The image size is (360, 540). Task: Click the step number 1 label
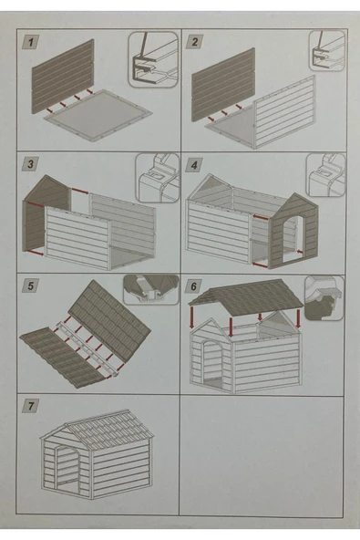(31, 42)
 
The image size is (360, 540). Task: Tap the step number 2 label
(194, 42)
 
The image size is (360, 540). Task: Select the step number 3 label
(30, 164)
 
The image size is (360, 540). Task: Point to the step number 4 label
(194, 165)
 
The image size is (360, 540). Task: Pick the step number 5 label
(30, 286)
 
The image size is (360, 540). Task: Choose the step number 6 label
(194, 286)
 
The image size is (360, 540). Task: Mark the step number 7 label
(30, 406)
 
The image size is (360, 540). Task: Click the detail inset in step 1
(154, 59)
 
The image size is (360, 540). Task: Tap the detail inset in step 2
(327, 50)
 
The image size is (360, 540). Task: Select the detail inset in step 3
(158, 178)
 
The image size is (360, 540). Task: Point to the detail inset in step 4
(325, 175)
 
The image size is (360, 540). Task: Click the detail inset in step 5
(150, 290)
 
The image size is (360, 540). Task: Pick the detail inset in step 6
(324, 298)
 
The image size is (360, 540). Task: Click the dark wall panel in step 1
(63, 77)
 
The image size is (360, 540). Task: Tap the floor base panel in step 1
(98, 115)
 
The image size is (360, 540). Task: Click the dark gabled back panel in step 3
(46, 213)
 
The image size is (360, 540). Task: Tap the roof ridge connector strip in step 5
(86, 348)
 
